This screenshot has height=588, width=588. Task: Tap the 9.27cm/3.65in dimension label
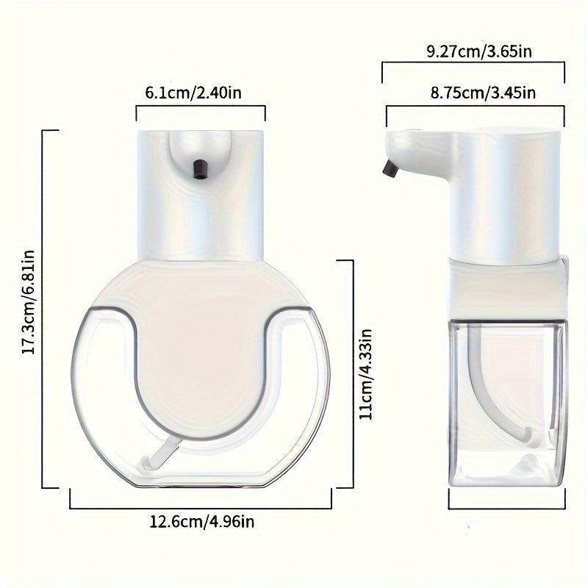tap(473, 51)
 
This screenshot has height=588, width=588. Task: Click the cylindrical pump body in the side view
tap(507, 195)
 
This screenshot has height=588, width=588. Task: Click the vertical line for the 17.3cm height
tap(43, 309)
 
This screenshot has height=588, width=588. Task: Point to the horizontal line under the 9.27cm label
tap(473, 63)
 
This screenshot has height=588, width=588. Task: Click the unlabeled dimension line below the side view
tap(507, 508)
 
